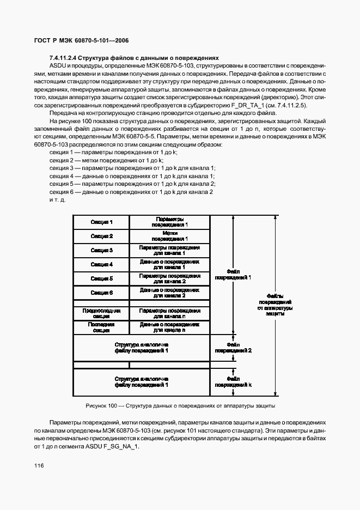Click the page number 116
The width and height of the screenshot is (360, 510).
coord(38,465)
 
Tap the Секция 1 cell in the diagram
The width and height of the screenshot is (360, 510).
coord(102,222)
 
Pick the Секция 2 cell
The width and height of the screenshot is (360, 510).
coord(102,236)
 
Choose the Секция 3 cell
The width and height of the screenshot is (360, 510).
coord(102,251)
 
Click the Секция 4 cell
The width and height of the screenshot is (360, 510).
coord(102,265)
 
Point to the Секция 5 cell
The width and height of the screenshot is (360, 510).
coord(102,279)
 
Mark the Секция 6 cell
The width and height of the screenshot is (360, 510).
coord(102,293)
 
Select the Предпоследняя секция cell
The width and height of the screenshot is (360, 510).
coord(102,313)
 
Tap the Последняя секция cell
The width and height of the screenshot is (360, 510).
coord(102,327)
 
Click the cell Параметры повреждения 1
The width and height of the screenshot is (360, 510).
coord(169,222)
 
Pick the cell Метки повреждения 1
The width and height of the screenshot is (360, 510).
coord(169,236)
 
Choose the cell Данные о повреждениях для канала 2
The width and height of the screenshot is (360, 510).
coord(169,293)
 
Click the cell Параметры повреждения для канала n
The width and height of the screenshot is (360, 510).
coord(169,313)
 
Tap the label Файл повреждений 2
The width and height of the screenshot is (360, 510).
coord(233,348)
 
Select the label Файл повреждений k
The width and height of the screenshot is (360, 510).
coord(233,381)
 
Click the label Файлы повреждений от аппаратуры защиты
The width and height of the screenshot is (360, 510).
coord(276,305)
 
